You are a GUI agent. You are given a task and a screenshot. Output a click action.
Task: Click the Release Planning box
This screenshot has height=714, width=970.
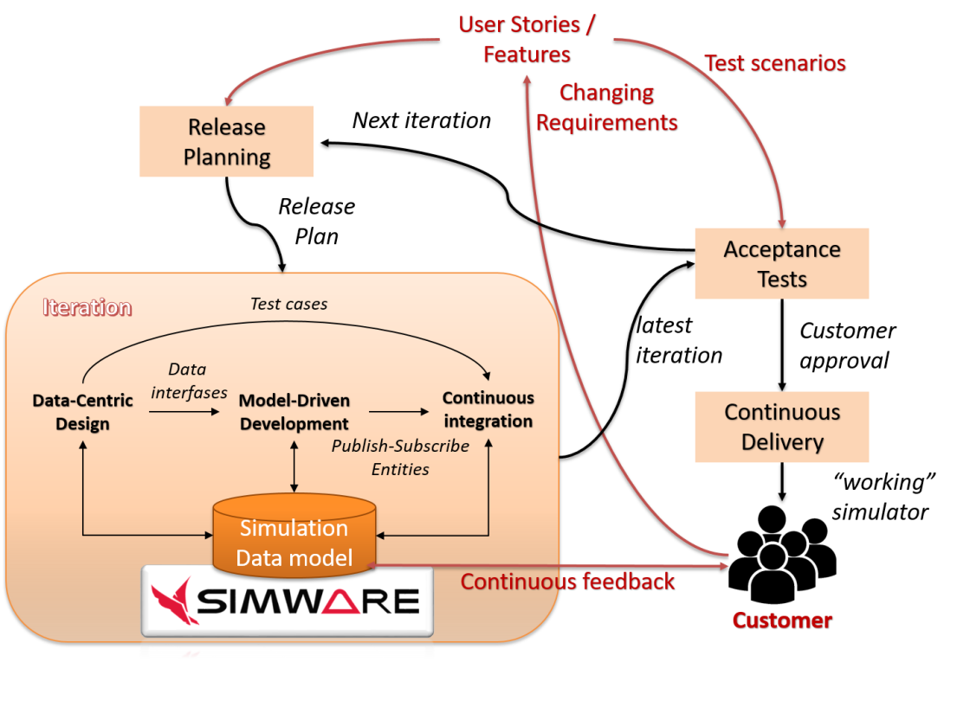pyautogui.click(x=227, y=142)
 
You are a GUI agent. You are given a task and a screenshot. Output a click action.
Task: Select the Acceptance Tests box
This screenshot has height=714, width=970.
pyautogui.click(x=782, y=264)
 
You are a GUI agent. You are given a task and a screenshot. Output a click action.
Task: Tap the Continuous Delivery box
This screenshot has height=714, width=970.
pyautogui.click(x=782, y=427)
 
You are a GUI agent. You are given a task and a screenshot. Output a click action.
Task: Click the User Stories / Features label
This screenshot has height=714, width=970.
pyautogui.click(x=527, y=39)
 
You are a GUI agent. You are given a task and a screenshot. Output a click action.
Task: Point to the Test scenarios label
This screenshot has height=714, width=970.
pyautogui.click(x=774, y=63)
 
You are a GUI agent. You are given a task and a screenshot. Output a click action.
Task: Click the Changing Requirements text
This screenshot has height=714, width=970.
pyautogui.click(x=606, y=107)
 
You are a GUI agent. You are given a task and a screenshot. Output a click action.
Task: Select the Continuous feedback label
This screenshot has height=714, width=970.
pyautogui.click(x=567, y=582)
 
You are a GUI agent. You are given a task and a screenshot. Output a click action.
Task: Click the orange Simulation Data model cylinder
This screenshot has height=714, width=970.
pyautogui.click(x=294, y=537)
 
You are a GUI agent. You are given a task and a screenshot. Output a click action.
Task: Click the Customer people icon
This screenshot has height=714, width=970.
pyautogui.click(x=782, y=555)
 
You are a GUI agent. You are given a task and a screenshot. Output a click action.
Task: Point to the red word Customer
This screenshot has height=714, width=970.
pyautogui.click(x=782, y=621)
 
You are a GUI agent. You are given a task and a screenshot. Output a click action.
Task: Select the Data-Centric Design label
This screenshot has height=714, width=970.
pyautogui.click(x=83, y=412)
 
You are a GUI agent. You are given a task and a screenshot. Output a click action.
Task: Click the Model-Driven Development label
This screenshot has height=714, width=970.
pyautogui.click(x=294, y=412)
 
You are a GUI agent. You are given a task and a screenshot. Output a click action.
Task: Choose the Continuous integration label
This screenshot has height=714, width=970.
pyautogui.click(x=488, y=409)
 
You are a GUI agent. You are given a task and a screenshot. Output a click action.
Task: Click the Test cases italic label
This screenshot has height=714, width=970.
pyautogui.click(x=288, y=304)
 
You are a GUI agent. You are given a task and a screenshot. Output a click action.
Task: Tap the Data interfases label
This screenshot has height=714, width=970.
pyautogui.click(x=188, y=381)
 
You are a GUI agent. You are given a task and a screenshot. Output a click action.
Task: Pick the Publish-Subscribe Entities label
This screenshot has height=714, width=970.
pyautogui.click(x=400, y=457)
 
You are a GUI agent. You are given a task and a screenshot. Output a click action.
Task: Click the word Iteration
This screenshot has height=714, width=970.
pyautogui.click(x=87, y=307)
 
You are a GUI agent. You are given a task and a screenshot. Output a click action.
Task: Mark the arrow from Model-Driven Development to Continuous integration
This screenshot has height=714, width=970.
pyautogui.click(x=400, y=413)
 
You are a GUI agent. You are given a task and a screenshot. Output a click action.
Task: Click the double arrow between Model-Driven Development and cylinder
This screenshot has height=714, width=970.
pyautogui.click(x=295, y=466)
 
